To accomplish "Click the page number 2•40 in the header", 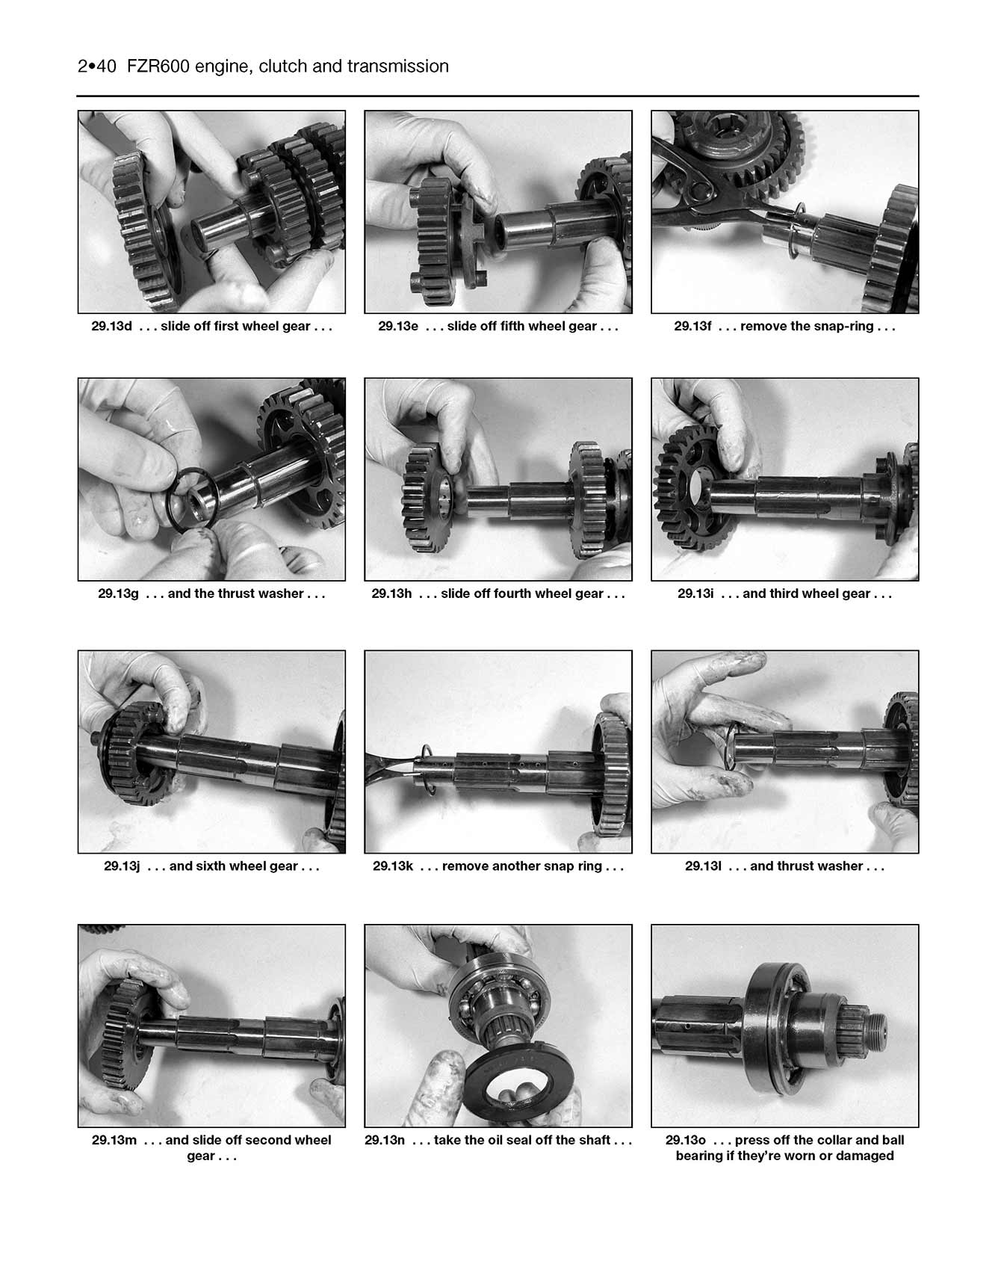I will [96, 67].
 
